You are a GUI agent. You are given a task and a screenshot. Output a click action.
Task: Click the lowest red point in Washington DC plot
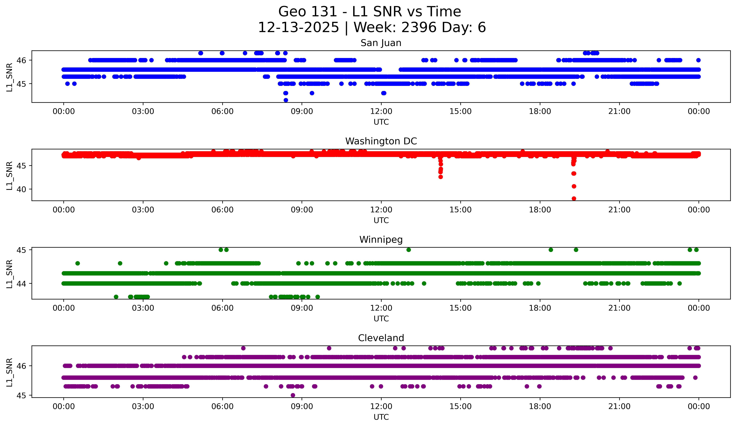pyautogui.click(x=574, y=199)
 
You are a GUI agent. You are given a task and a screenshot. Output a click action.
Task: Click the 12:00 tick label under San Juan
pyautogui.click(x=381, y=112)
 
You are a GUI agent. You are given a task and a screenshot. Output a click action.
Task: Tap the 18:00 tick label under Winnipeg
pyautogui.click(x=540, y=308)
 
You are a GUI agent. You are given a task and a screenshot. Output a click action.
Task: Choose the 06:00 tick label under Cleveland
pyautogui.click(x=222, y=407)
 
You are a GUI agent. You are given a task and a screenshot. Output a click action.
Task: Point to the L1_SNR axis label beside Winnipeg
pyautogui.click(x=9, y=274)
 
